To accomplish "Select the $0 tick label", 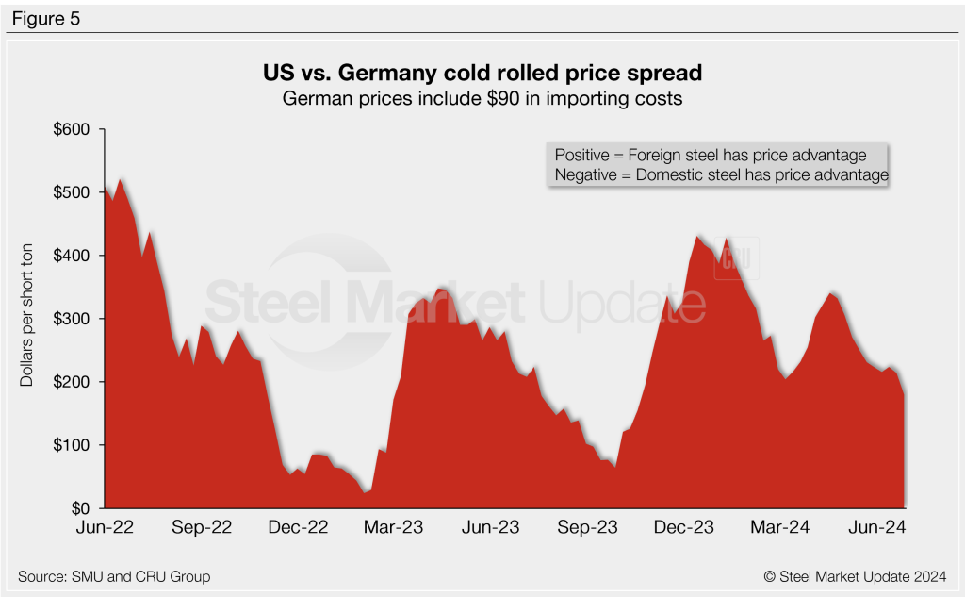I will [79, 508].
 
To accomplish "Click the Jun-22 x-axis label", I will [106, 528].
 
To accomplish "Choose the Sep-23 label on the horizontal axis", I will [588, 528].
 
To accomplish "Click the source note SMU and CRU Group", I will [114, 575].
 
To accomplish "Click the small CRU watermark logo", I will [735, 257].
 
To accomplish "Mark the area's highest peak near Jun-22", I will [121, 179].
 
